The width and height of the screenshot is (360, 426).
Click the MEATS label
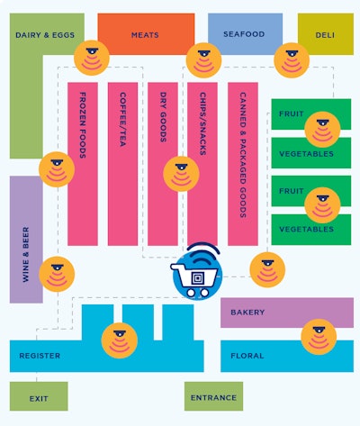pos(145,35)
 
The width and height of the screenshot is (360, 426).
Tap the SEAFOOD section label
pos(244,34)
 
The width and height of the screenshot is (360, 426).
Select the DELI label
pos(325,35)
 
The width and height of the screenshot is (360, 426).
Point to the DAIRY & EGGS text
pos(45,35)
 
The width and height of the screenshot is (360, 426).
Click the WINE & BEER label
pos(26,255)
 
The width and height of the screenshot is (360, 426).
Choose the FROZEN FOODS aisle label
pos(83,125)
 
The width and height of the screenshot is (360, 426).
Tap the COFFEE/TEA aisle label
pos(122,119)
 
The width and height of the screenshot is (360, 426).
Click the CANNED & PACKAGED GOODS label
pos(243,155)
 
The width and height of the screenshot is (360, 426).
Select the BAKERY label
pos(247,313)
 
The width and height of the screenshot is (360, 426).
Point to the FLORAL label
pos(247,356)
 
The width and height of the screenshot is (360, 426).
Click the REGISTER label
pos(40,356)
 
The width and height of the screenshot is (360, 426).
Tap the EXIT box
pos(39,396)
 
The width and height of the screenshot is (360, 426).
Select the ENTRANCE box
pos(213,396)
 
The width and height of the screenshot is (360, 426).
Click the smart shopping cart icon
pos(196,272)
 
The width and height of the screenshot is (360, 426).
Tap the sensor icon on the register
pos(120,340)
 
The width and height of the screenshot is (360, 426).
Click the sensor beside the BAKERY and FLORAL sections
pos(319,337)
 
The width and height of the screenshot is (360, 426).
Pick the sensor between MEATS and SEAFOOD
pos(204,60)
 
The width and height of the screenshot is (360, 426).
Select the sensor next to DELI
pos(292,60)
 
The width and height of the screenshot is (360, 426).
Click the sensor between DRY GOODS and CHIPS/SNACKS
pos(181,174)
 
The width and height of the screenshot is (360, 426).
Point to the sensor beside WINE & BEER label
pos(57,274)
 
